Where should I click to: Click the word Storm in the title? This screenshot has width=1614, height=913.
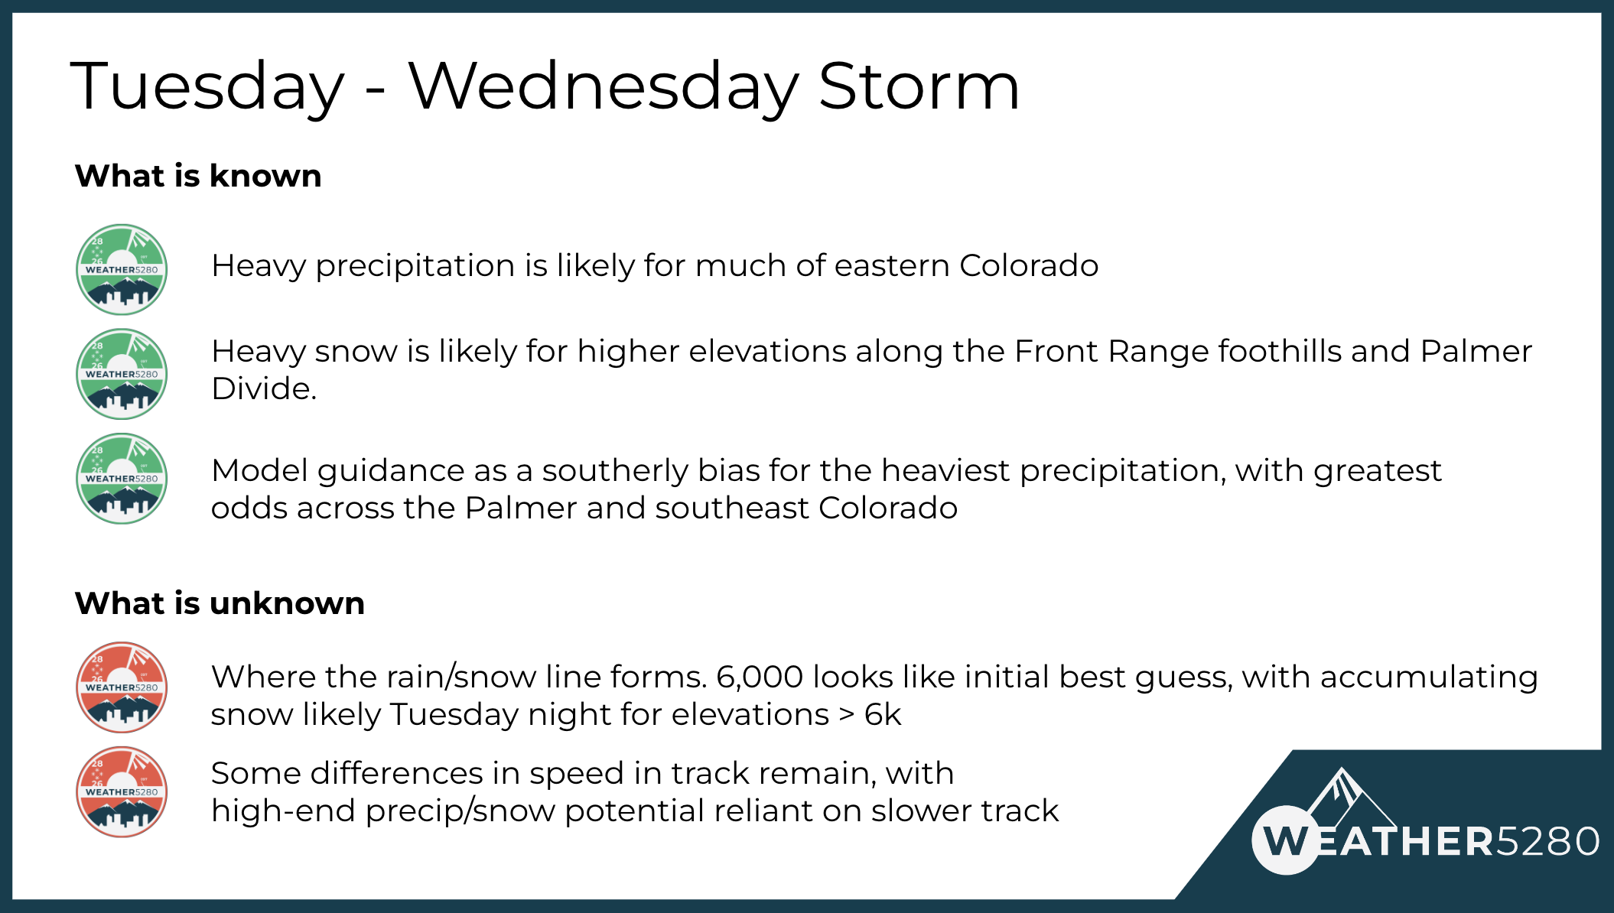pos(919,86)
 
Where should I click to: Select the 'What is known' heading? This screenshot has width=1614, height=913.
pos(198,176)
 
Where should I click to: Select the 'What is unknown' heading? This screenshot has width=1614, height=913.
pos(220,603)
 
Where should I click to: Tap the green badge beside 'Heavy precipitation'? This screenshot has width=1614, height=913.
pos(122,269)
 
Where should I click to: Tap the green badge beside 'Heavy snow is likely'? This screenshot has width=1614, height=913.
pos(122,374)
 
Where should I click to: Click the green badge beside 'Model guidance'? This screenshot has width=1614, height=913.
pos(122,479)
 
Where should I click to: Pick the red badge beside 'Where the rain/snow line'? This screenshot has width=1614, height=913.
pos(122,687)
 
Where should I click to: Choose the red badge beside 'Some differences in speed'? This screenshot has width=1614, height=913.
pos(122,792)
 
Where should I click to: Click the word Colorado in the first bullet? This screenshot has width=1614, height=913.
pos(1029,265)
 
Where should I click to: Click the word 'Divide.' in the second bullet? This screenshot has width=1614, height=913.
pos(264,388)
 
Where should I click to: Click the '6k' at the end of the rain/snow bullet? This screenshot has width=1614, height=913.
pos(883,715)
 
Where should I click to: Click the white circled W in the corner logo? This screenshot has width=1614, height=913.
pos(1287,840)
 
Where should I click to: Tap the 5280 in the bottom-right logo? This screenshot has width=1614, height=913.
pos(1547,841)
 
